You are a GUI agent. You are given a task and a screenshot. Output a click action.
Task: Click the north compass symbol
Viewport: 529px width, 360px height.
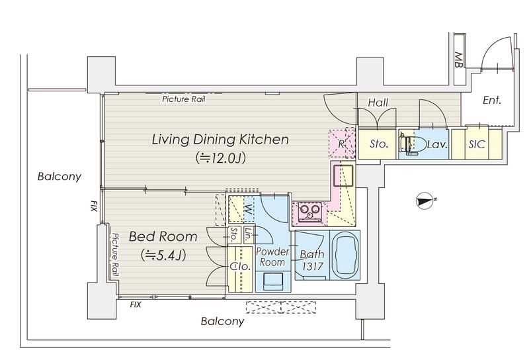point(425,201)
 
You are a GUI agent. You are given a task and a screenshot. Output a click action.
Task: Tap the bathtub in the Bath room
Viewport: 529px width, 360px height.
point(345,255)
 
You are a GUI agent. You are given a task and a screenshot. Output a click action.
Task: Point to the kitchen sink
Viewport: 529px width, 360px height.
point(343,175)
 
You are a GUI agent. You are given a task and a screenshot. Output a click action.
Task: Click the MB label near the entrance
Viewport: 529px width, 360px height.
point(458,60)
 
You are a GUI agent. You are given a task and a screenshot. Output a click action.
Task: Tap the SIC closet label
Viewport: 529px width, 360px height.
point(476,144)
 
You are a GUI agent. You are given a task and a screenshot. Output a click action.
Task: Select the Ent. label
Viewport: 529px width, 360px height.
point(492,100)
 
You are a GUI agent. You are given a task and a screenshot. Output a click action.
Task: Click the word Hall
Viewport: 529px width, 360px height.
point(378,103)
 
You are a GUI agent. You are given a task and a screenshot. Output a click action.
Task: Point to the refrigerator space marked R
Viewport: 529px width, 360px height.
point(341,144)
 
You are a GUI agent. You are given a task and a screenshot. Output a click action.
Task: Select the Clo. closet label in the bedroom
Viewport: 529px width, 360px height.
point(240,267)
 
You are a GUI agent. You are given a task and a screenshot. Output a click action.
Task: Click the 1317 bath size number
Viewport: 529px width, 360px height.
point(312,267)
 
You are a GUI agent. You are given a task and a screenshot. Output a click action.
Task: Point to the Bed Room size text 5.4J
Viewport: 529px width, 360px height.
point(163,255)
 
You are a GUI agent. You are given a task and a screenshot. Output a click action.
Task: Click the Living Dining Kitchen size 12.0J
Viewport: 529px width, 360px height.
point(220,157)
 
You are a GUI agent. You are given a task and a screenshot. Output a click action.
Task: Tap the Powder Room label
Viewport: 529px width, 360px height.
point(272,257)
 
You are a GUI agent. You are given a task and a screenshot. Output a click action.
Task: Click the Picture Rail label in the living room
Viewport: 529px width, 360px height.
point(184,99)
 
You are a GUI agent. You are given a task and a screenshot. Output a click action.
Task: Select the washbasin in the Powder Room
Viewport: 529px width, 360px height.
point(273,282)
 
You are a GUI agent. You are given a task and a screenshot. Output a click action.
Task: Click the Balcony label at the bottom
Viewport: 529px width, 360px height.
point(222,321)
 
